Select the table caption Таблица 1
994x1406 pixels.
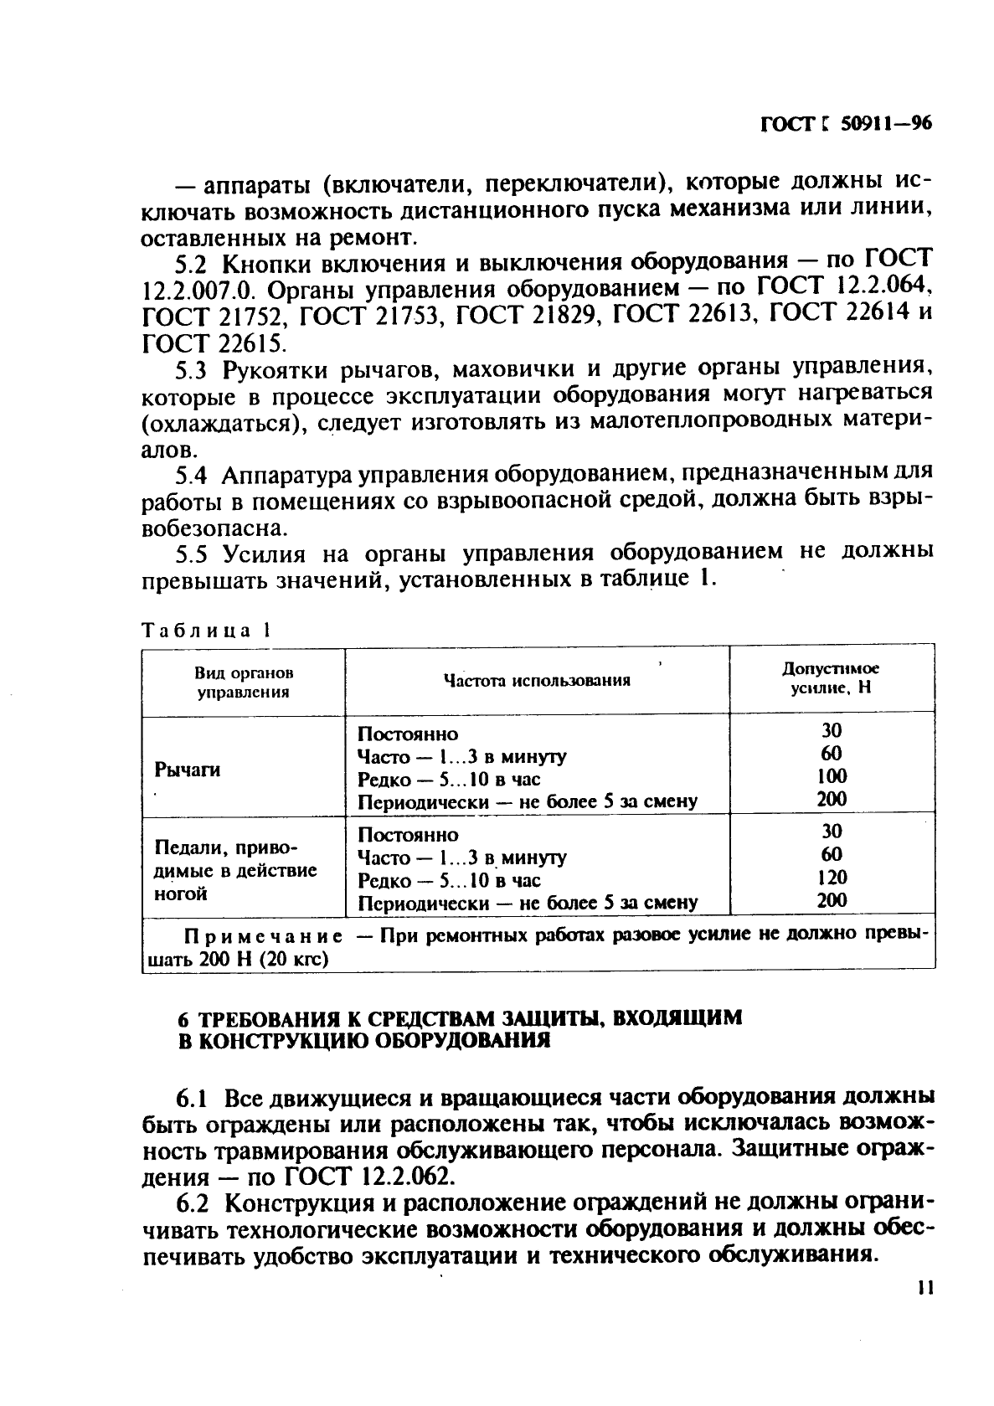(207, 630)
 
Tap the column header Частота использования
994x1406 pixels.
(537, 681)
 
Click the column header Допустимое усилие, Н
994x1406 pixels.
(831, 679)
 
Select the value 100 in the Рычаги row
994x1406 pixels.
(832, 776)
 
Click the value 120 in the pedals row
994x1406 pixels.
(832, 878)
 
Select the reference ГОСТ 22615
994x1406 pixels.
(214, 342)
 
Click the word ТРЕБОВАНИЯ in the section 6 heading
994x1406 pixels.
(271, 1019)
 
